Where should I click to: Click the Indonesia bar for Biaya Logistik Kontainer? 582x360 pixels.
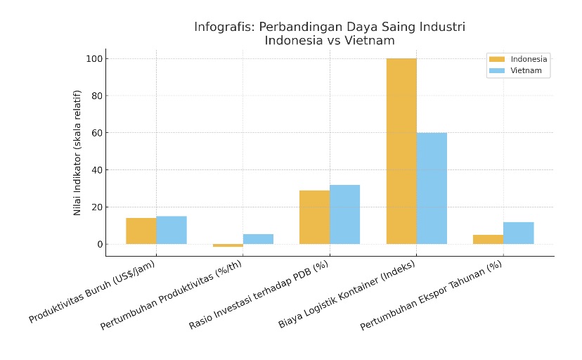(x=401, y=151)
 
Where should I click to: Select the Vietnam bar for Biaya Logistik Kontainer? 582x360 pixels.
(x=432, y=188)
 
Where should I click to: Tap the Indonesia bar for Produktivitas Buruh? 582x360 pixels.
(x=141, y=231)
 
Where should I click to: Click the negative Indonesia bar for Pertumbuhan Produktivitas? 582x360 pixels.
(x=228, y=245)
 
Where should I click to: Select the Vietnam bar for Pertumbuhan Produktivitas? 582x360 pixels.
(x=258, y=239)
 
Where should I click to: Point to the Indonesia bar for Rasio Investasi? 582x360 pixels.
(x=314, y=217)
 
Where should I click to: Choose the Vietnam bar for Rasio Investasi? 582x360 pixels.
(x=344, y=214)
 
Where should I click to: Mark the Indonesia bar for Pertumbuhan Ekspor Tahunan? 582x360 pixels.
(x=488, y=240)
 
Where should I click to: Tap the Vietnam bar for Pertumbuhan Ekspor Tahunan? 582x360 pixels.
(x=518, y=233)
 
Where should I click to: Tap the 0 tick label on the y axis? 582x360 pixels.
(x=98, y=245)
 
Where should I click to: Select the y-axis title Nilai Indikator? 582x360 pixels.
(x=78, y=152)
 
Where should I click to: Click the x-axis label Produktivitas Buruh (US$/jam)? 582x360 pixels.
(x=93, y=291)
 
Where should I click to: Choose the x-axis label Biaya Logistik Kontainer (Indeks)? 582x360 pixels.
(x=347, y=295)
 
